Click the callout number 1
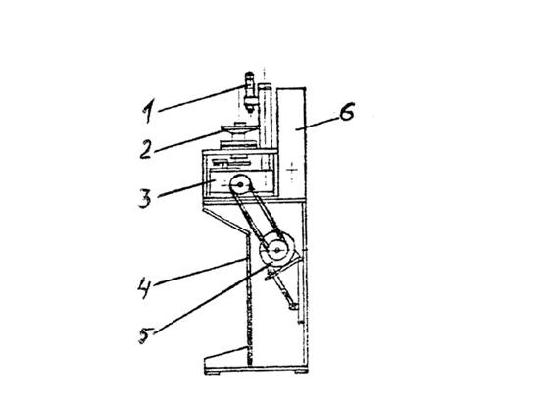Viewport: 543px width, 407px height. (148, 111)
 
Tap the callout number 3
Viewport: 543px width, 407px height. (145, 198)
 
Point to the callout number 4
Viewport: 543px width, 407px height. (144, 287)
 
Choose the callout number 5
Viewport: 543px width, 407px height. (145, 335)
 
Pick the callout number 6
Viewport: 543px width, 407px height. (346, 112)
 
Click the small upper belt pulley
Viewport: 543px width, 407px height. (239, 184)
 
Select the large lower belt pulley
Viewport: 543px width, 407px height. (277, 250)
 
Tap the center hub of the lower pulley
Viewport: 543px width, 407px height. (277, 250)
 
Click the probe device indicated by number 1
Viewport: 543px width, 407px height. (249, 92)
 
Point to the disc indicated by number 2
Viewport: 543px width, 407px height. (239, 129)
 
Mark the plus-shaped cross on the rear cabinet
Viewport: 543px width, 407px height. (292, 170)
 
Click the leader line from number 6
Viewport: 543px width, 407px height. (318, 124)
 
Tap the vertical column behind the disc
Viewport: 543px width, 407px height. (266, 118)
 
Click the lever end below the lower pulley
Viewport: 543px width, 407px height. (293, 306)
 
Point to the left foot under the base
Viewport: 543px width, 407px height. (213, 372)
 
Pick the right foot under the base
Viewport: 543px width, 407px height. (301, 372)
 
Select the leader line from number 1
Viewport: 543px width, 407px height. (201, 99)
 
